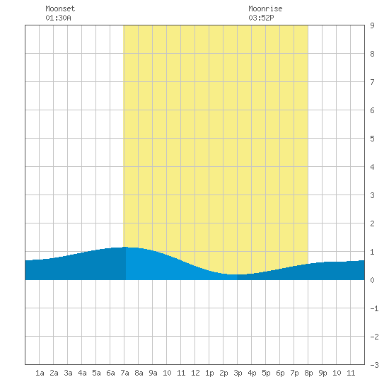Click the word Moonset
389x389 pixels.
pyautogui.click(x=60, y=8)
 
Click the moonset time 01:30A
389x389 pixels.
pyautogui.click(x=58, y=18)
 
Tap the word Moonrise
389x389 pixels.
pyautogui.click(x=265, y=8)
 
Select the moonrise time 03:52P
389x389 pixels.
pyautogui.click(x=261, y=18)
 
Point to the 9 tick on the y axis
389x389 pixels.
pyautogui.click(x=372, y=25)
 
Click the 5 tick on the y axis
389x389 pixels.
pyautogui.click(x=372, y=139)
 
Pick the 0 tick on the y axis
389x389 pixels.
pyautogui.click(x=372, y=280)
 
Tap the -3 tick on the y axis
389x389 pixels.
pyautogui.click(x=374, y=365)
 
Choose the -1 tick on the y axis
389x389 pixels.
pyautogui.click(x=374, y=308)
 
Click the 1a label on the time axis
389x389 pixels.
pyautogui.click(x=40, y=373)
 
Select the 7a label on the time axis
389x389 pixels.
pyautogui.click(x=124, y=373)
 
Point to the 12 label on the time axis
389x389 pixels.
pyautogui.click(x=195, y=373)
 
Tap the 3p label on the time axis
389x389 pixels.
pyautogui.click(x=238, y=373)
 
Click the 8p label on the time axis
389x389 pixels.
pyautogui.click(x=308, y=373)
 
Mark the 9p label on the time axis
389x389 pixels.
pyautogui.click(x=323, y=373)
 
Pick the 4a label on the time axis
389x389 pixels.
pyautogui.click(x=82, y=373)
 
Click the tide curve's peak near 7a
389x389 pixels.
pyautogui.click(x=124, y=247)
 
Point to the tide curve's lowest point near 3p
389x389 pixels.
pyautogui.click(x=234, y=274)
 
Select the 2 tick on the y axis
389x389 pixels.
pyautogui.click(x=372, y=223)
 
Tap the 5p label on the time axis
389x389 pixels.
pyautogui.click(x=266, y=373)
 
